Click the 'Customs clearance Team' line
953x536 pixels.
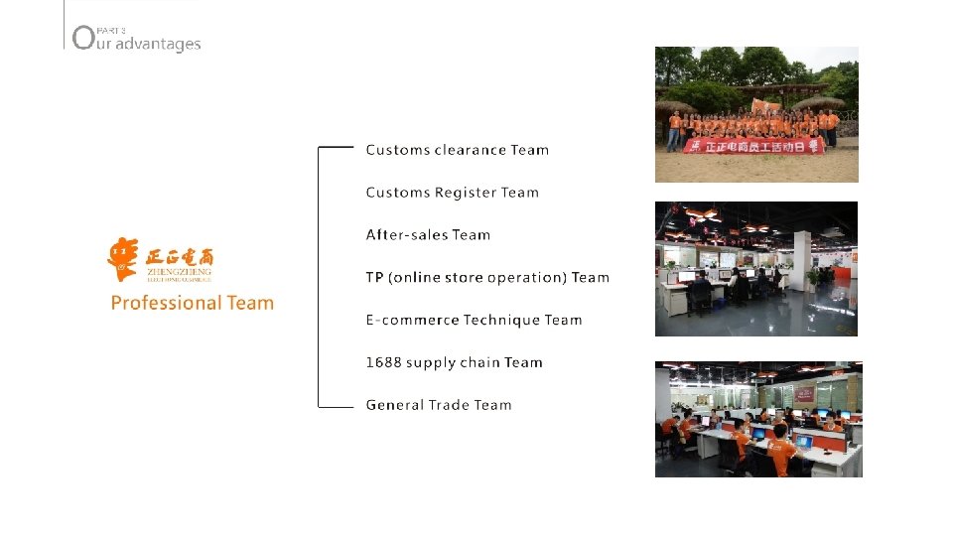[457, 150]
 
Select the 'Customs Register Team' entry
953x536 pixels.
[452, 193]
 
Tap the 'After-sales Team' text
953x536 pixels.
[428, 235]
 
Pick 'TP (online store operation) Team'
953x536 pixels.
[487, 278]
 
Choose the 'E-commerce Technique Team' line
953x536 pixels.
[474, 321]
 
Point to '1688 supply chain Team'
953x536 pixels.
[454, 363]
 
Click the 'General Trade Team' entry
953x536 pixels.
[439, 405]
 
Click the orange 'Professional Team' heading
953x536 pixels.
[192, 303]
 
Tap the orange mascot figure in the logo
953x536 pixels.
[122, 258]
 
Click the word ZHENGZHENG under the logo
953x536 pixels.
[179, 270]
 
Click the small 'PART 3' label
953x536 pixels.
[112, 31]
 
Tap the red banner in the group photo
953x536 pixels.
[753, 146]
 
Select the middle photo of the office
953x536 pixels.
[756, 269]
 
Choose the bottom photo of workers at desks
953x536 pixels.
[758, 419]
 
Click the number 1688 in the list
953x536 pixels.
[383, 363]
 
